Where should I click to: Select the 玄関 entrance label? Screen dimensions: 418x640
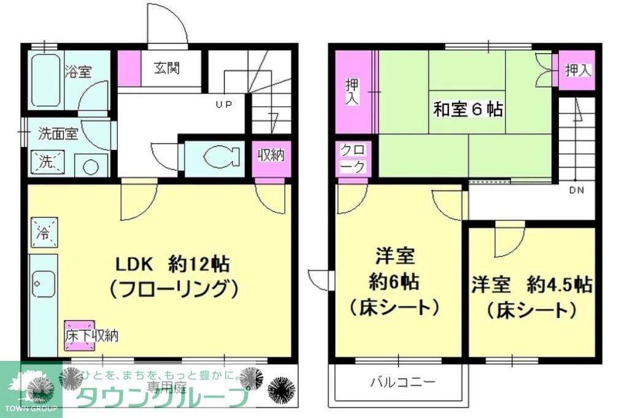pyautogui.click(x=166, y=68)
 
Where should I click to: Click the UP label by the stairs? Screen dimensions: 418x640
pyautogui.click(x=223, y=104)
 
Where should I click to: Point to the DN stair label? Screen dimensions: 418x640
pyautogui.click(x=576, y=190)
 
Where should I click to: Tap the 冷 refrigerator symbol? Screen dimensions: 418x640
pyautogui.click(x=43, y=232)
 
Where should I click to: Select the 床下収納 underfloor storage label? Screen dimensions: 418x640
pyautogui.click(x=91, y=335)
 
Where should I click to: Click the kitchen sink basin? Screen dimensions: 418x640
pyautogui.click(x=43, y=284)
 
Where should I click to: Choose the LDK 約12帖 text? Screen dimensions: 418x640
pyautogui.click(x=173, y=265)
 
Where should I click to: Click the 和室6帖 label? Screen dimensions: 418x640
pyautogui.click(x=468, y=109)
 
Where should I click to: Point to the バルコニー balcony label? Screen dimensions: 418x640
pyautogui.click(x=402, y=383)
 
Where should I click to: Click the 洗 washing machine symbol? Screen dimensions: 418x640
pyautogui.click(x=47, y=162)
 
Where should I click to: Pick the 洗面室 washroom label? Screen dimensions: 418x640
pyautogui.click(x=58, y=133)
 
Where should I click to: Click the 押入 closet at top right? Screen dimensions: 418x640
pyautogui.click(x=577, y=71)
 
